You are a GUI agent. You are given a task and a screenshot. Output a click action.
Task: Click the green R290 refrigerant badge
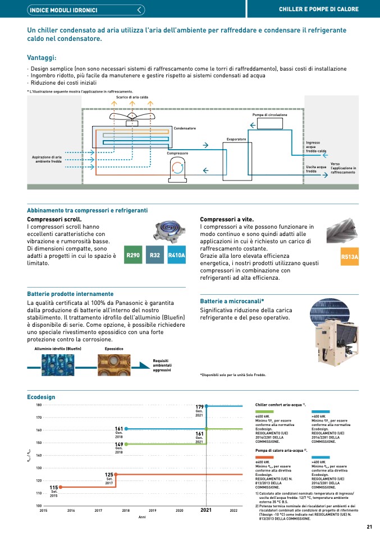click(133, 256)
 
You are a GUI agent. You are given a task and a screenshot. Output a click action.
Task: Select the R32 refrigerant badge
click(155, 256)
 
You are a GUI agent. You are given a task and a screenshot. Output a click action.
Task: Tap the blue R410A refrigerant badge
click(177, 256)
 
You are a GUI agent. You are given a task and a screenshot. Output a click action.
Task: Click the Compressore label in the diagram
click(177, 153)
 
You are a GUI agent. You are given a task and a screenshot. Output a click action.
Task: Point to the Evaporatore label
click(236, 138)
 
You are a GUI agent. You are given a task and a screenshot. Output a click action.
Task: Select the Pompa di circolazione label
click(269, 115)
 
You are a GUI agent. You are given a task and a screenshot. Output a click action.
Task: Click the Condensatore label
click(185, 128)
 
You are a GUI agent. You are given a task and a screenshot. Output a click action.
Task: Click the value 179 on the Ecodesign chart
click(199, 407)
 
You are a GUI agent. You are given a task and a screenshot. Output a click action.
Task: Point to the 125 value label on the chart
click(109, 475)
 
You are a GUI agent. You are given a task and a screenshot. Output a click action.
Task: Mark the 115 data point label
click(54, 488)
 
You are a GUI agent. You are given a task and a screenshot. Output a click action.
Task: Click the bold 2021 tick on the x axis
click(206, 511)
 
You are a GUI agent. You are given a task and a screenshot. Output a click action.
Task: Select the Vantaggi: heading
click(42, 57)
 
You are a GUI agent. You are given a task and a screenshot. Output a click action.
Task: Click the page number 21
click(369, 526)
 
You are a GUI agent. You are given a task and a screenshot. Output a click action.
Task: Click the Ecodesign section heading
click(41, 396)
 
